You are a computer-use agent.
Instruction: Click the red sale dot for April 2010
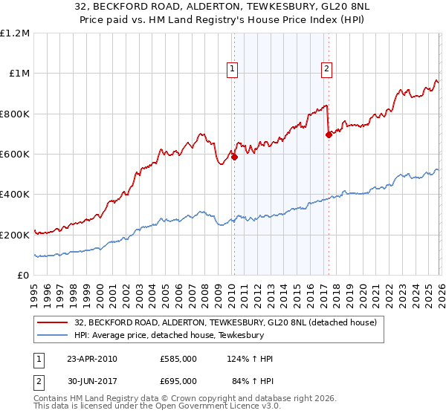234,157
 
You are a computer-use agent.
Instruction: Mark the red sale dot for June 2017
328,134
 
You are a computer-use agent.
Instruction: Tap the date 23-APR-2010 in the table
92,359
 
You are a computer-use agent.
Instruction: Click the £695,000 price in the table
178,383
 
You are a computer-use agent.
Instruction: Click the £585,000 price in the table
178,359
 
